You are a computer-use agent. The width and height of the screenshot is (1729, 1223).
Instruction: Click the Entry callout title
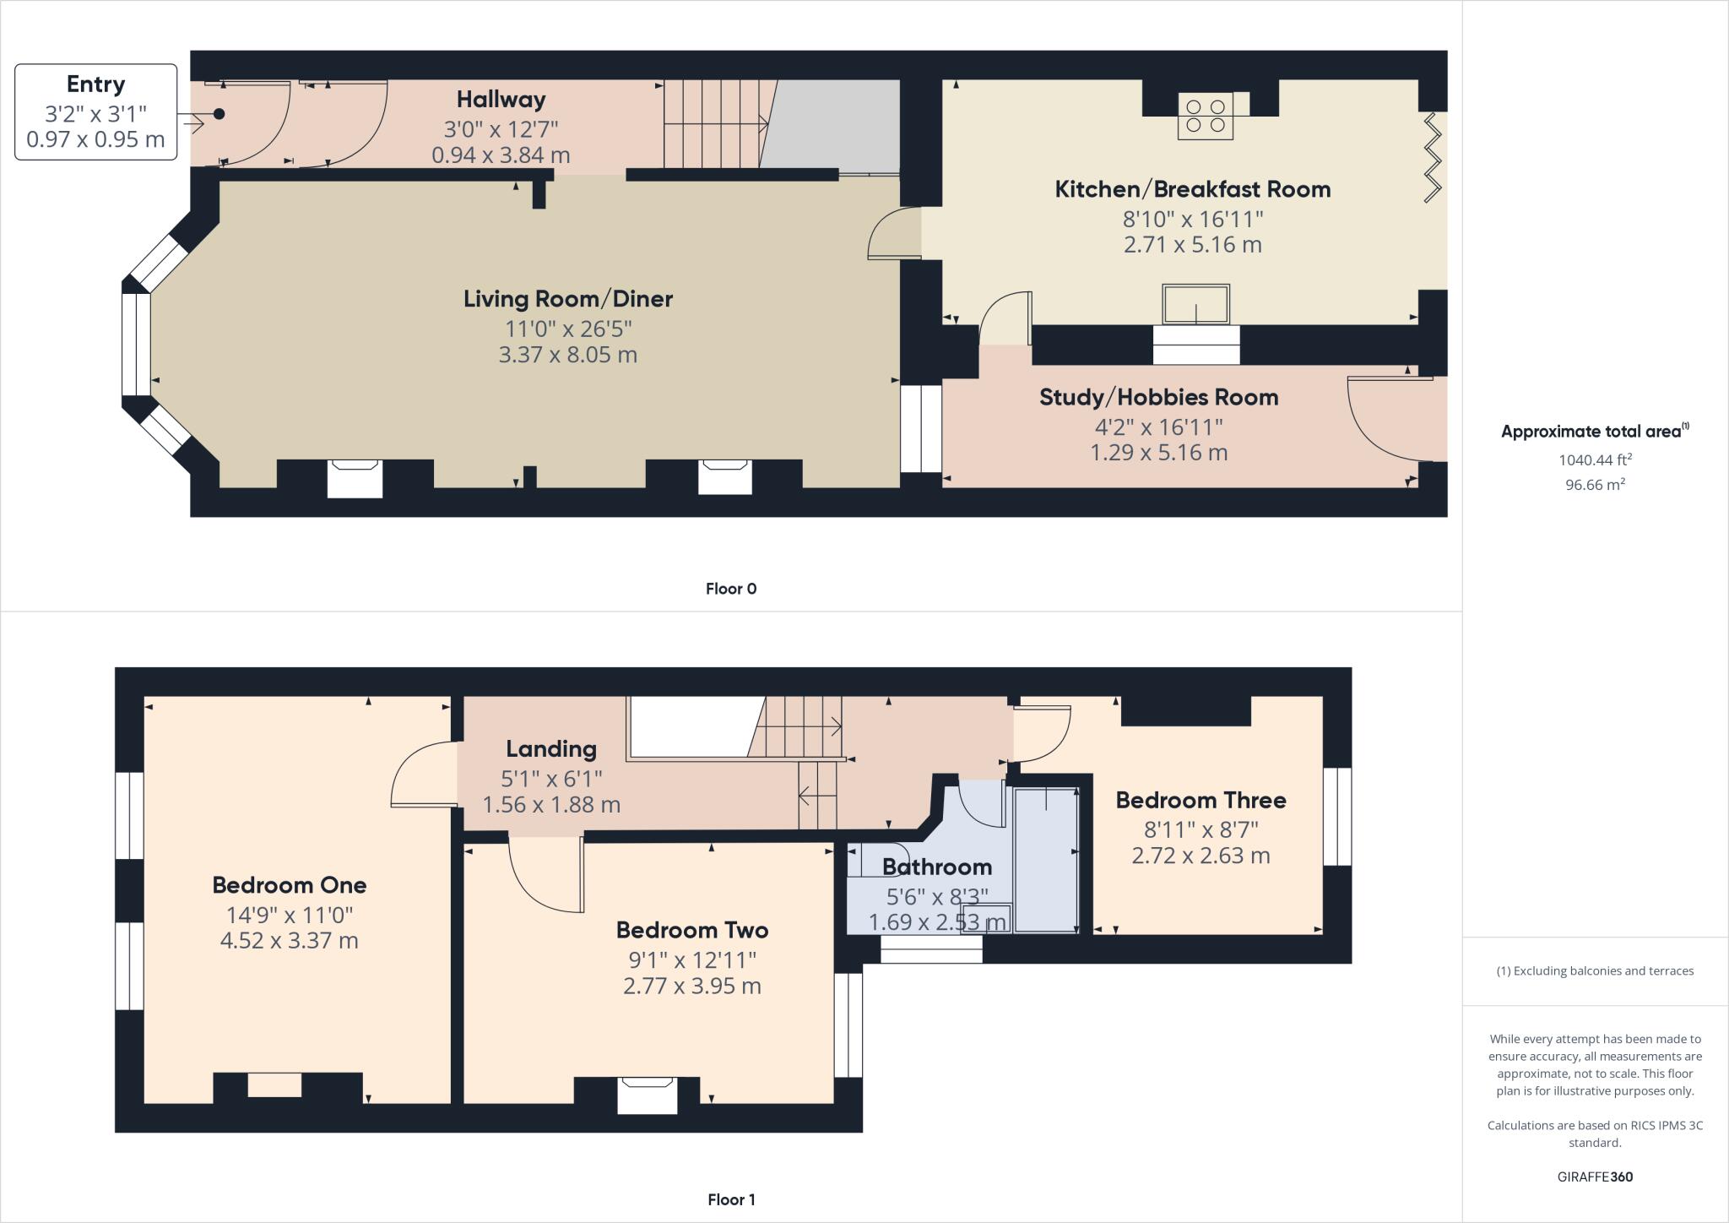click(x=95, y=84)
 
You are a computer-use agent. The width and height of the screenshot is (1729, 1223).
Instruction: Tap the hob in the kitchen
click(x=1205, y=117)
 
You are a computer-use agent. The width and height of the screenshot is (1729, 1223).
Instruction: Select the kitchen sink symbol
click(x=1195, y=304)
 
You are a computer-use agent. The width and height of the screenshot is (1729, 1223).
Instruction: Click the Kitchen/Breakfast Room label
click(x=1192, y=189)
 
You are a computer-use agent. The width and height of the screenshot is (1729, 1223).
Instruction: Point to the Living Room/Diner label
click(x=567, y=299)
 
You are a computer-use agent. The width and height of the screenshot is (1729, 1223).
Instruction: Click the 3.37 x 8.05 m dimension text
click(x=567, y=355)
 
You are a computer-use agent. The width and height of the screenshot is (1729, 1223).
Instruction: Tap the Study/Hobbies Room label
click(x=1158, y=397)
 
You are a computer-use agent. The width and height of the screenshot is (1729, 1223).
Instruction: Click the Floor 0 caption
click(x=730, y=589)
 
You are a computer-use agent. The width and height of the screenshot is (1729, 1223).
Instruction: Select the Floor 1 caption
click(x=730, y=1199)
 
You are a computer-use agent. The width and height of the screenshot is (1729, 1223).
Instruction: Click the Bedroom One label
click(x=289, y=885)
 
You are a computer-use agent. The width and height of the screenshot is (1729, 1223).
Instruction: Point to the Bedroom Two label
click(x=691, y=930)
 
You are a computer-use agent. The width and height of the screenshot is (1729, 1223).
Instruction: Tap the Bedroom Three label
click(x=1201, y=800)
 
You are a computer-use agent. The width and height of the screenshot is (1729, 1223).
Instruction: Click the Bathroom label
click(x=936, y=867)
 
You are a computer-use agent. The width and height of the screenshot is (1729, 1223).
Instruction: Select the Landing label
click(x=550, y=748)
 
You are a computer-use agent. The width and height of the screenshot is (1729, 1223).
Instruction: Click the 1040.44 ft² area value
click(x=1594, y=460)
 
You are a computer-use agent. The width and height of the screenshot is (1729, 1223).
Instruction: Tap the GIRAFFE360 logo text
click(x=1594, y=1177)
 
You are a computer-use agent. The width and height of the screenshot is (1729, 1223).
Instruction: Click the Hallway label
click(x=501, y=100)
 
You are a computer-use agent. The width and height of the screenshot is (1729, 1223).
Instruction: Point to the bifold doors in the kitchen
click(x=1433, y=158)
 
